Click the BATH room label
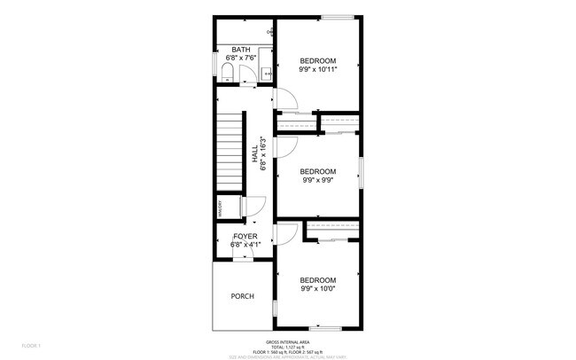tap(240, 50)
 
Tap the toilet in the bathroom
tap(226, 70)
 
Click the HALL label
tap(254, 153)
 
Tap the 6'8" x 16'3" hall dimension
tap(263, 153)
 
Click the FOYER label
tap(245, 237)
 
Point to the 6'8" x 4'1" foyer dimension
tap(245, 245)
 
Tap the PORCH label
tap(242, 296)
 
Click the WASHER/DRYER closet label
tap(220, 208)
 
